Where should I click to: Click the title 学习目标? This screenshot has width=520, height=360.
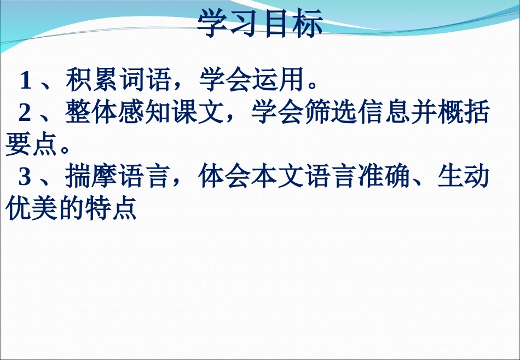click(x=260, y=24)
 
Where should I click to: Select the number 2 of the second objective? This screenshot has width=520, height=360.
click(x=25, y=113)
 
